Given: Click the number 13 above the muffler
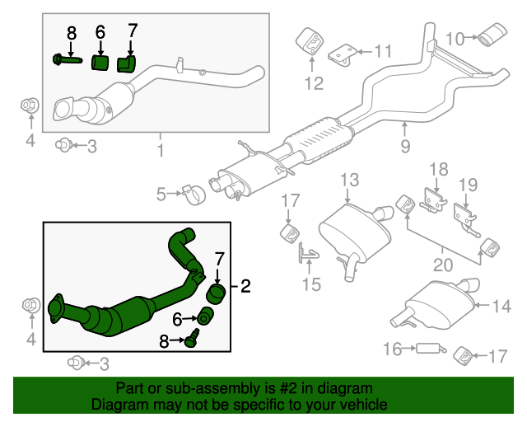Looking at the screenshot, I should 349,180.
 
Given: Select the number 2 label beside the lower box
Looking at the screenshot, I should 245,287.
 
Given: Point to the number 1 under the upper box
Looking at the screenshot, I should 160,151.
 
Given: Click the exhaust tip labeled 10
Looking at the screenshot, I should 493,36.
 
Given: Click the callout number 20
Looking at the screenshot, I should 443,265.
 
